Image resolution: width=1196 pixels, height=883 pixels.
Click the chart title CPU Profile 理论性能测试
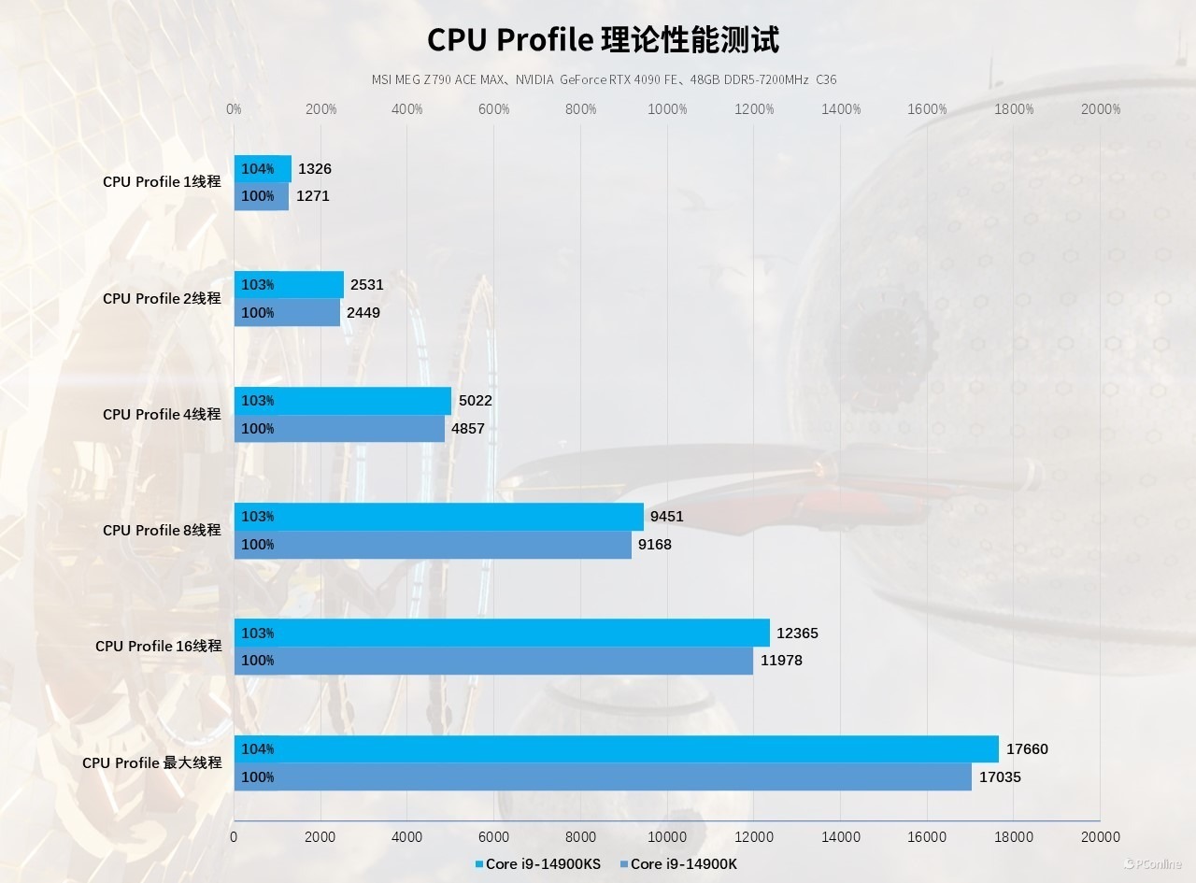click(x=603, y=40)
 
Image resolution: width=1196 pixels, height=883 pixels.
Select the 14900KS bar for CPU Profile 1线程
click(x=263, y=169)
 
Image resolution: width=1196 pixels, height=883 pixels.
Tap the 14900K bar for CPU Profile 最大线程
click(x=603, y=777)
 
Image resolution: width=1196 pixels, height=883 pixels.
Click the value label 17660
click(x=1028, y=749)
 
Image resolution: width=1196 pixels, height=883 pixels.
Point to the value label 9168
click(x=655, y=545)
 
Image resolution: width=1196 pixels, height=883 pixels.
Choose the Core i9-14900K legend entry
click(x=683, y=864)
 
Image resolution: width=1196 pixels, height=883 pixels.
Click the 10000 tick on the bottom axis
click(x=667, y=837)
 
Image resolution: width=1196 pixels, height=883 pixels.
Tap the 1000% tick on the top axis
click(x=667, y=109)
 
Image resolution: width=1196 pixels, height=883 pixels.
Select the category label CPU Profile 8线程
click(x=162, y=531)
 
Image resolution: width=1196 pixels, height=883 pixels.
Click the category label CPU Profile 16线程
click(x=158, y=647)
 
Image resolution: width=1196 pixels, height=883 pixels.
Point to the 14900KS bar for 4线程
click(x=343, y=401)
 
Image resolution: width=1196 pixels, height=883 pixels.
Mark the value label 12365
click(x=797, y=634)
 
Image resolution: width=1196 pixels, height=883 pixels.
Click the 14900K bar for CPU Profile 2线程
click(x=287, y=313)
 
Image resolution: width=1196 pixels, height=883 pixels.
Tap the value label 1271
click(x=313, y=196)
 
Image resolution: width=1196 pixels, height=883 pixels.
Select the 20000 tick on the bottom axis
click(x=1100, y=837)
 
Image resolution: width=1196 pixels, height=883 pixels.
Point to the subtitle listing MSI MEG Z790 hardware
click(x=604, y=80)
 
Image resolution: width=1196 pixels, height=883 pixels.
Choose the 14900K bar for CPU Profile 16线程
click(x=493, y=661)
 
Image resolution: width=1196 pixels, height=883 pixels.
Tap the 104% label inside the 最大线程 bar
click(x=258, y=749)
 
